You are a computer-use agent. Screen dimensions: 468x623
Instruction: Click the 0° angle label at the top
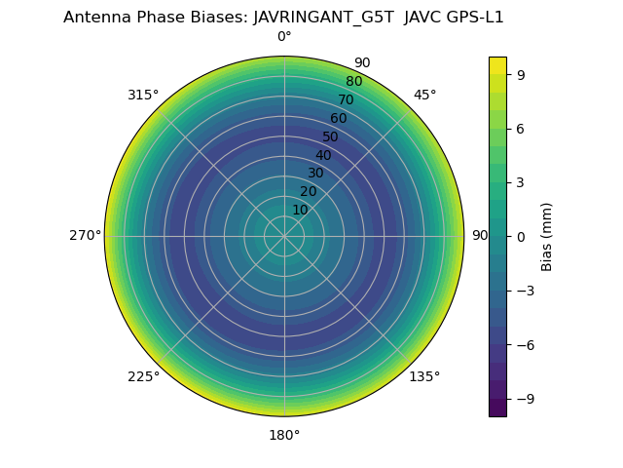click(284, 37)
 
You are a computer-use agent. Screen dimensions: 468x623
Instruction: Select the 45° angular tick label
click(424, 95)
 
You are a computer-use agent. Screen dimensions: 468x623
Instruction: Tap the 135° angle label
click(424, 376)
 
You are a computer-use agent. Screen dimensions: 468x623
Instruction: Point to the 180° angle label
click(284, 435)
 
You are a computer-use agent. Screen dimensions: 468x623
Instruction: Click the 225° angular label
click(143, 376)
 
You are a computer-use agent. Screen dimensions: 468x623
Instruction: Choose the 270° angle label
click(85, 236)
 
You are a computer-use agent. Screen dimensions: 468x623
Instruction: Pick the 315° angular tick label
click(143, 95)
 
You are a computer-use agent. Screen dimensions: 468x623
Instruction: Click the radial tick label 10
click(300, 210)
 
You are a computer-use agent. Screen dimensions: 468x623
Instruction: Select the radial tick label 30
click(315, 174)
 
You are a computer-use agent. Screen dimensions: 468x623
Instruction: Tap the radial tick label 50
click(331, 137)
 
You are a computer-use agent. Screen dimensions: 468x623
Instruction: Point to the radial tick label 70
click(347, 100)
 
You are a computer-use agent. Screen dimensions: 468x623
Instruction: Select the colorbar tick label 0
click(522, 236)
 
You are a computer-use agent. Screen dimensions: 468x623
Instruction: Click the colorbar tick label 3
click(522, 182)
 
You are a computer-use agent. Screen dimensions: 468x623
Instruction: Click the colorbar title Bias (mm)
click(547, 236)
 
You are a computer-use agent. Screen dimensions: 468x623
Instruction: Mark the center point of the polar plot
click(284, 236)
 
